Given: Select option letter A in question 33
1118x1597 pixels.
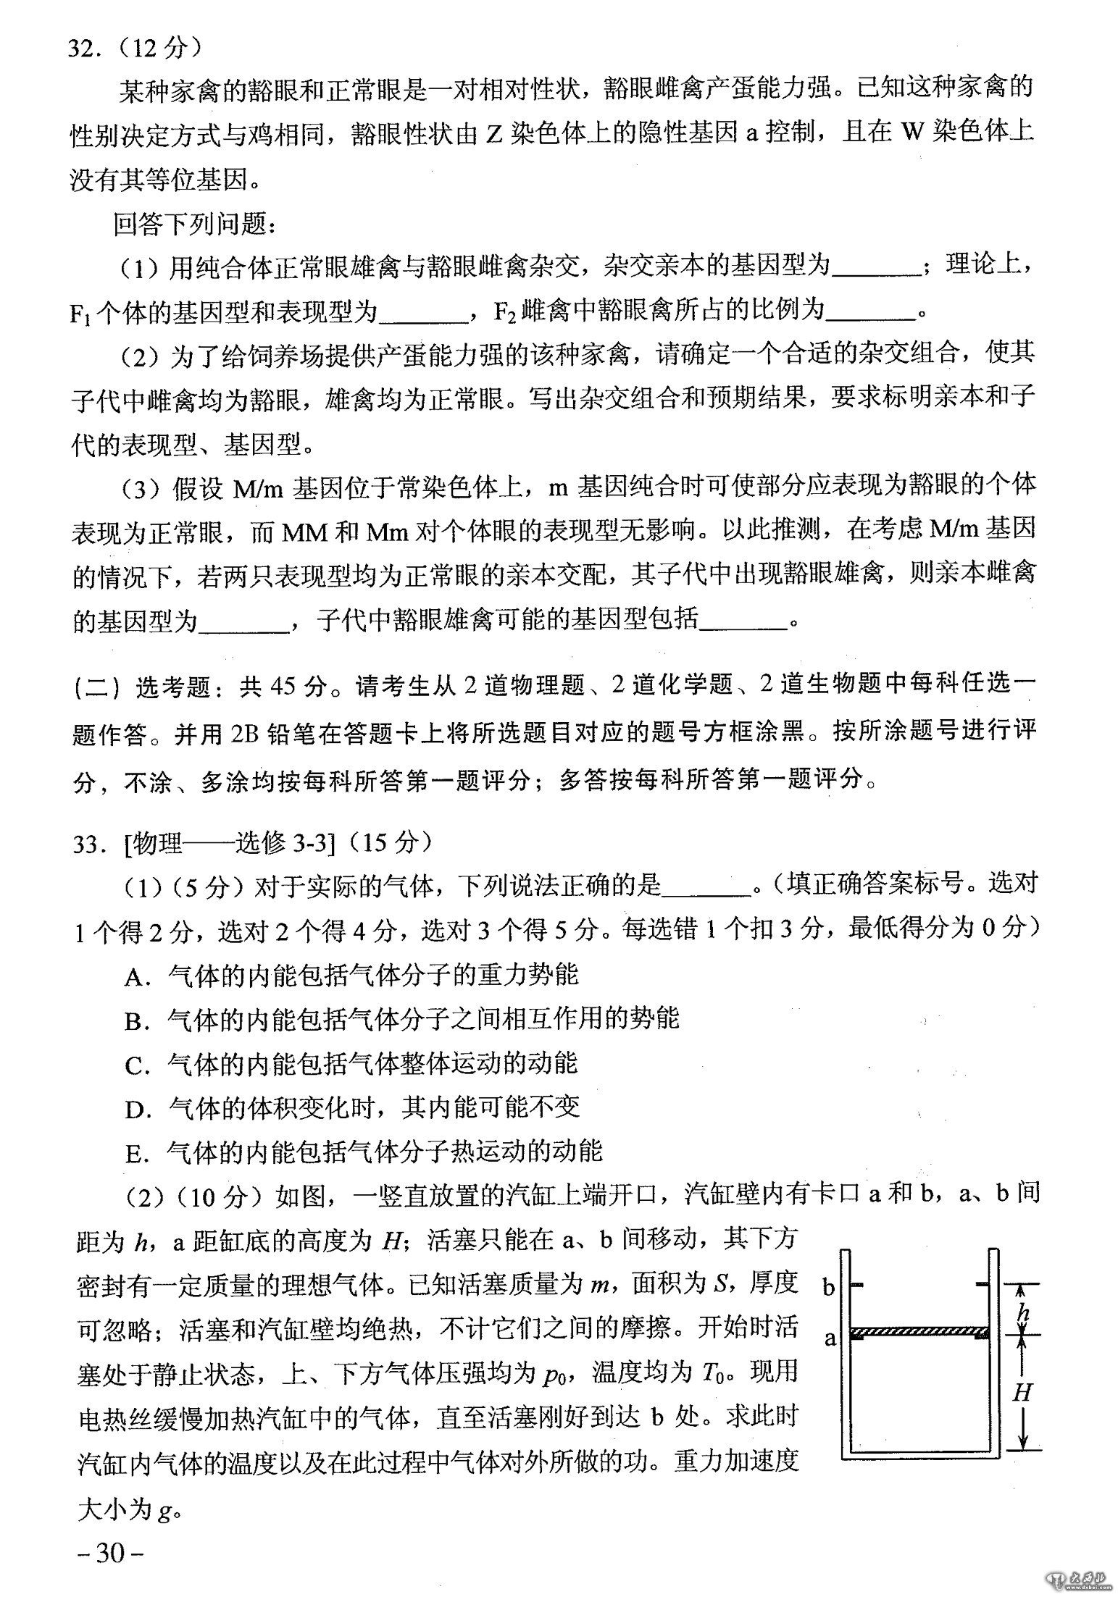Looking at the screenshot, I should coord(135,977).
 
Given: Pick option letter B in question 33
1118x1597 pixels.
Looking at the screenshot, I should coord(135,1021).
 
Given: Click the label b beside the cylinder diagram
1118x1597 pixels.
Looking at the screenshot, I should coord(830,1286).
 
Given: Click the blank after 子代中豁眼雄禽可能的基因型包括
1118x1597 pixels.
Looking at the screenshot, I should coord(744,621).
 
